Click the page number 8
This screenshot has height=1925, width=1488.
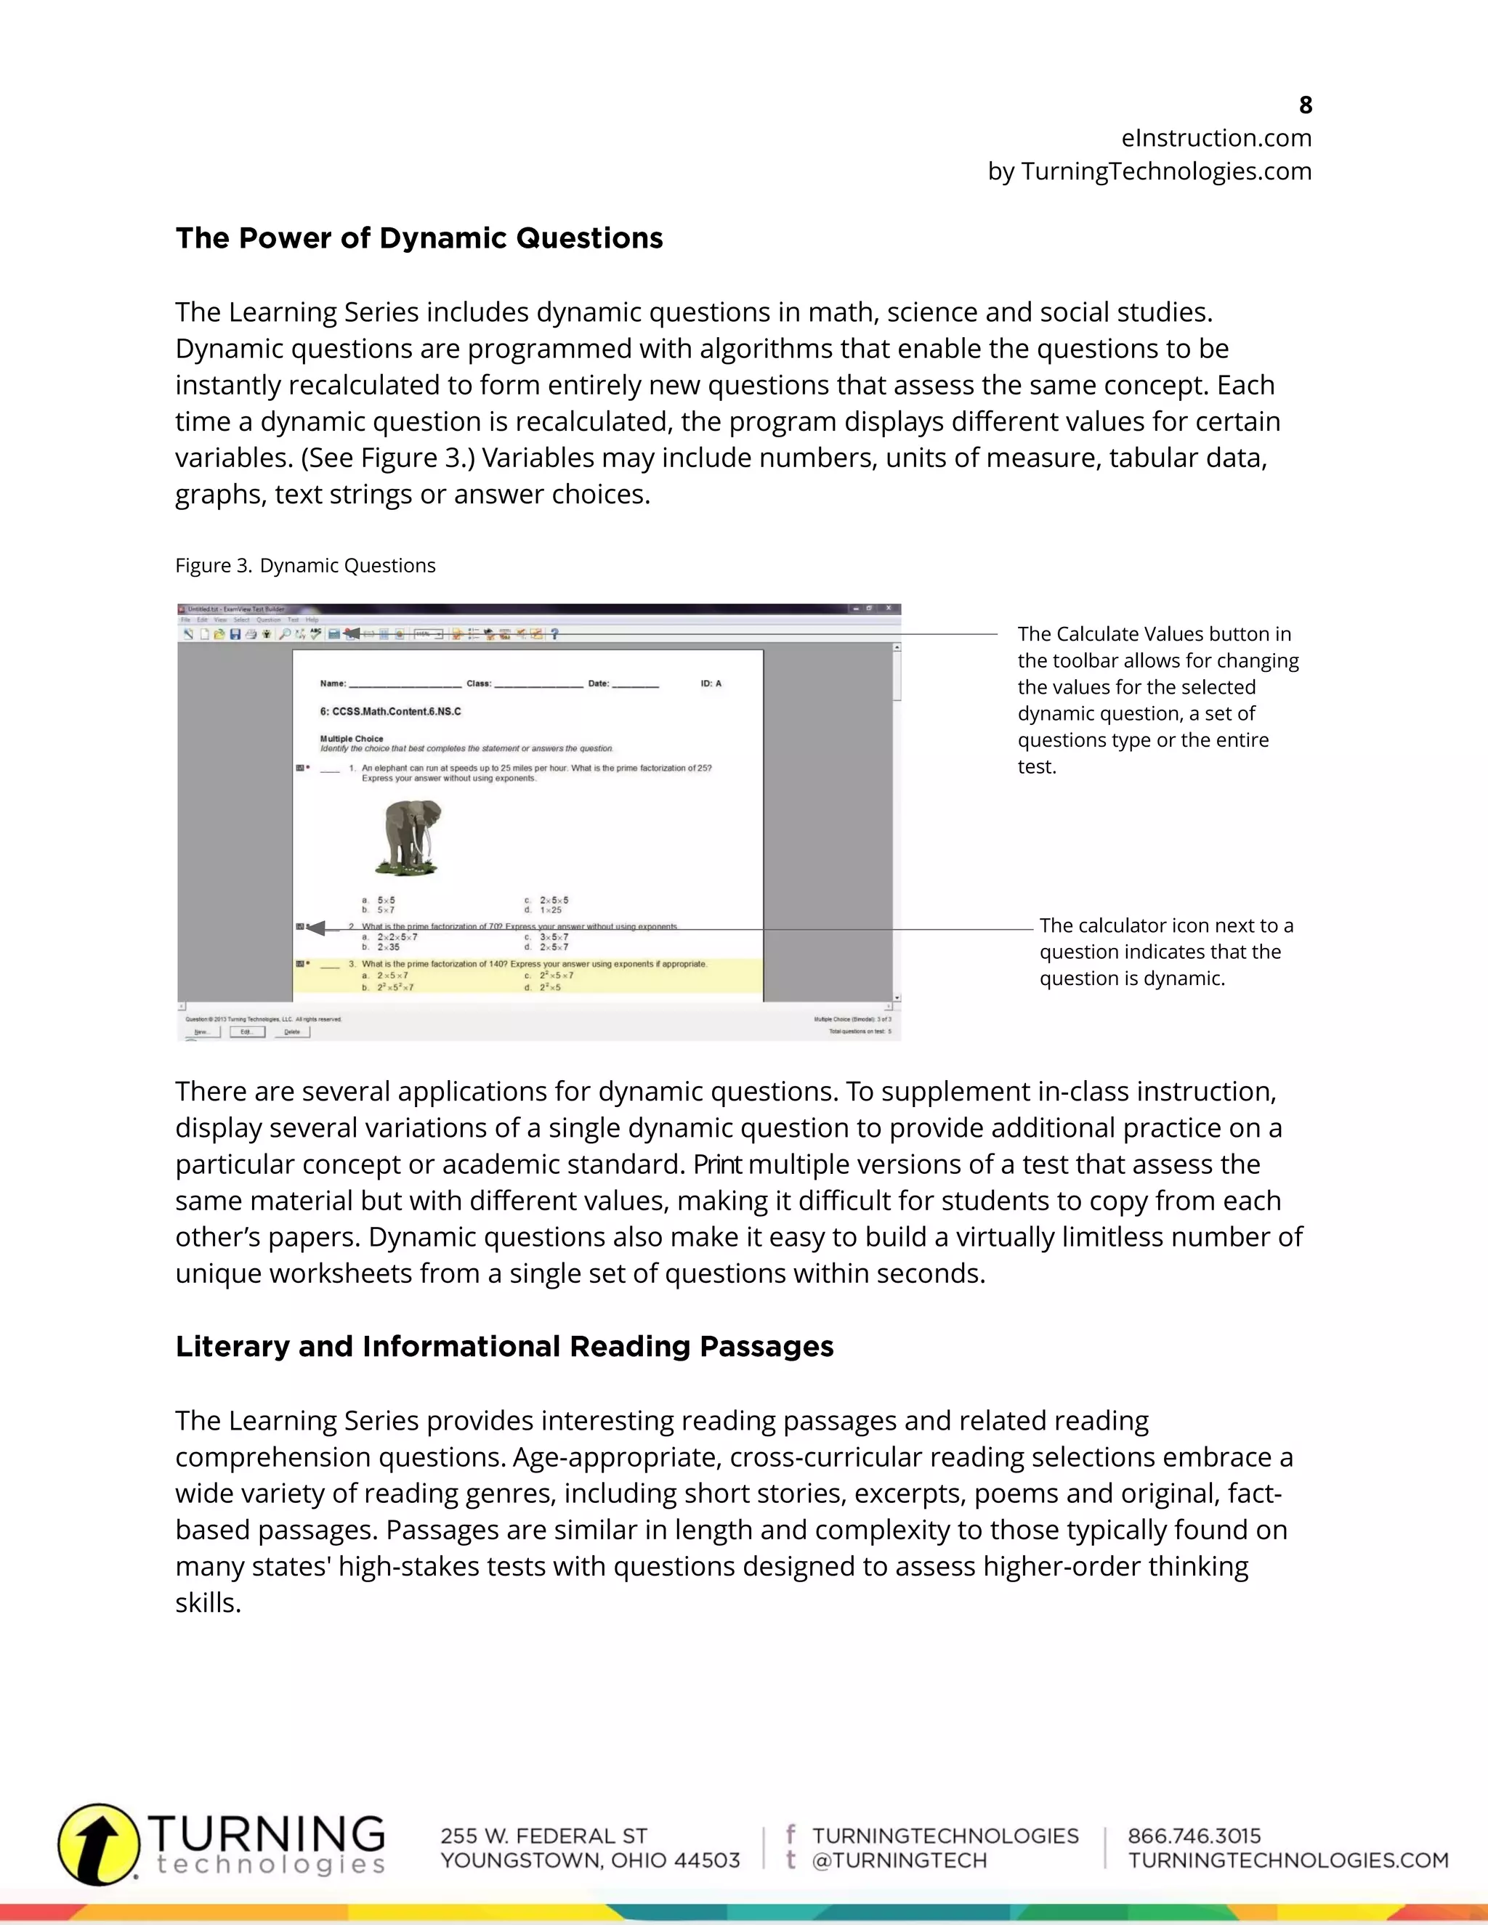click(1306, 105)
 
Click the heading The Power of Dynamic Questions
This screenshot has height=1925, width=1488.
click(418, 238)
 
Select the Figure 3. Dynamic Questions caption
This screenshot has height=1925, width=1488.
click(305, 566)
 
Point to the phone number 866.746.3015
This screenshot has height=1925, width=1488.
click(1194, 1836)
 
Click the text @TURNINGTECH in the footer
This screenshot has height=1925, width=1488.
click(899, 1860)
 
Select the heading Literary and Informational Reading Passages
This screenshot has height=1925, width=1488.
click(504, 1347)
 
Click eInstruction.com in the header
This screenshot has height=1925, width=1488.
click(1216, 138)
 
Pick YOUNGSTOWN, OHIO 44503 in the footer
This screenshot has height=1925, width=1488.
click(590, 1860)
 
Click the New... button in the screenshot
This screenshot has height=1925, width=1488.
click(202, 1032)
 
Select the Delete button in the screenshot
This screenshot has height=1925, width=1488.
click(292, 1032)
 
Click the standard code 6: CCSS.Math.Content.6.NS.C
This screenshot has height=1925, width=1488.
click(389, 711)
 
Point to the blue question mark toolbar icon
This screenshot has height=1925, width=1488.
click(554, 633)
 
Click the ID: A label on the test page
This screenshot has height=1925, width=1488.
click(711, 683)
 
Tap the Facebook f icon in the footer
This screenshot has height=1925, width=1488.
click(790, 1834)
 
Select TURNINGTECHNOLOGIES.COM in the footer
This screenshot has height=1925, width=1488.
click(1288, 1860)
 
